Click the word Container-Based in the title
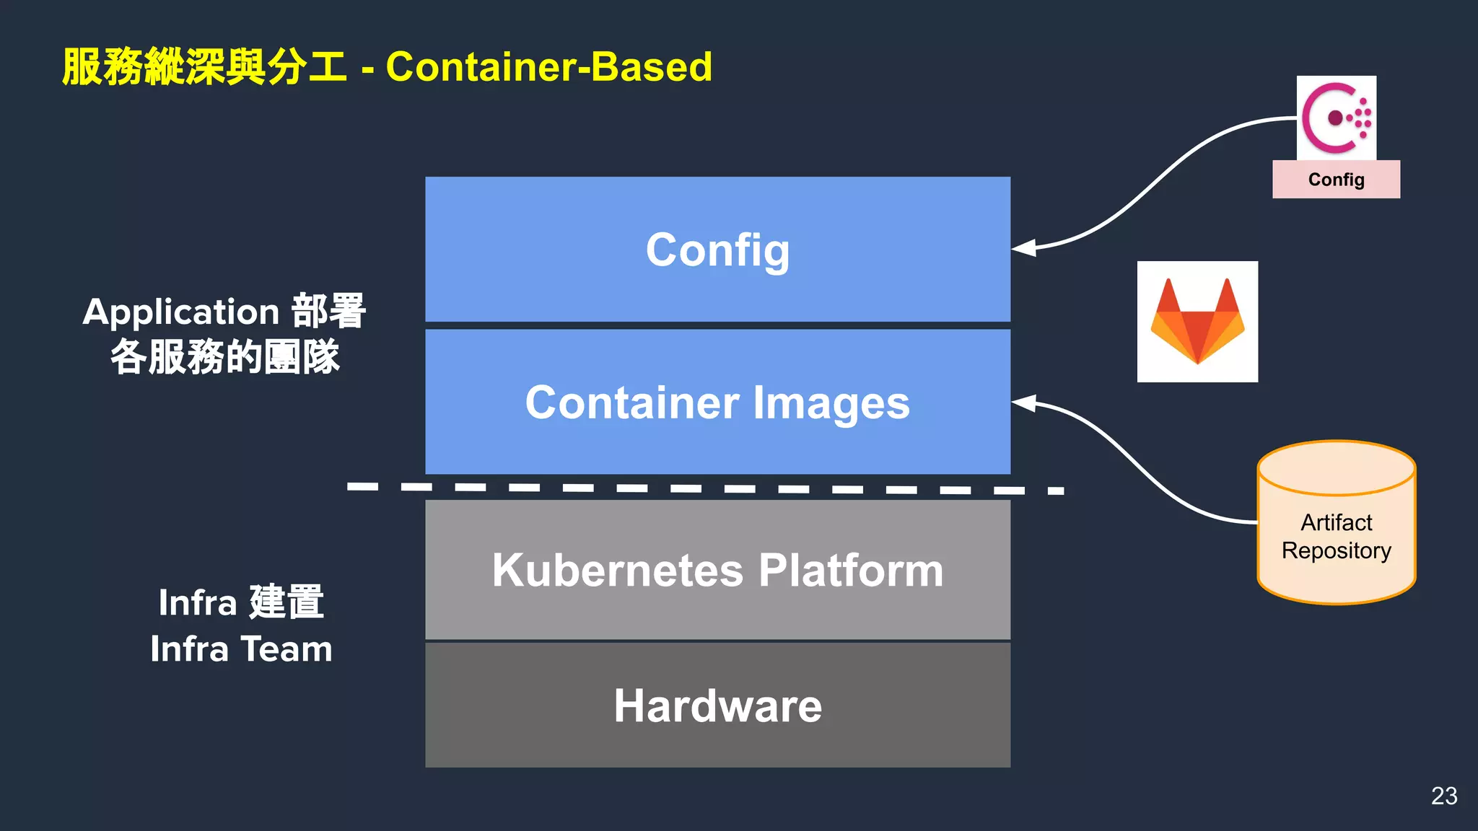[548, 67]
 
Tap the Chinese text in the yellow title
[204, 67]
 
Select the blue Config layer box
[717, 250]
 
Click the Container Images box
[717, 402]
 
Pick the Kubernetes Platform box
[717, 570]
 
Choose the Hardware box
[717, 705]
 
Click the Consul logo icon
[1336, 118]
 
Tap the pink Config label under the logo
[1336, 180]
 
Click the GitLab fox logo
[1197, 322]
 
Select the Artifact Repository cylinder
[1336, 523]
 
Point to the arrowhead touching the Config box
[1023, 248]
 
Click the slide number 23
[1444, 796]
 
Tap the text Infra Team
[241, 648]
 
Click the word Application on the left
[180, 312]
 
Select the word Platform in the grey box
[851, 570]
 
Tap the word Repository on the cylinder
[1336, 550]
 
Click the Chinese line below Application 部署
[224, 357]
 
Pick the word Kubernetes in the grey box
[618, 570]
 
